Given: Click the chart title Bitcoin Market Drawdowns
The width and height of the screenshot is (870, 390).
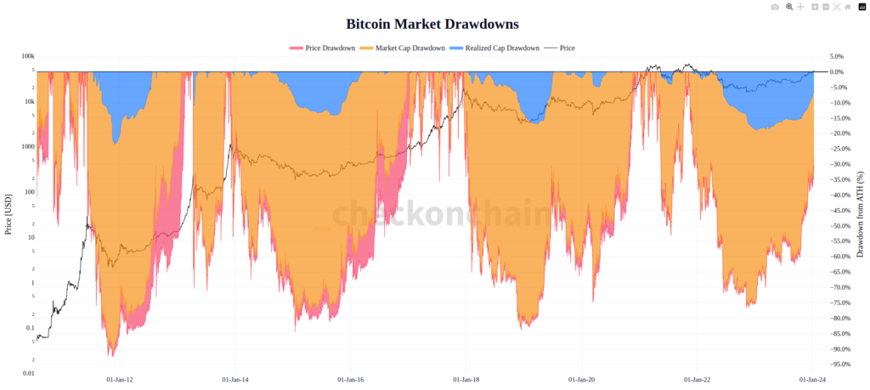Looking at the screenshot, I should click(432, 25).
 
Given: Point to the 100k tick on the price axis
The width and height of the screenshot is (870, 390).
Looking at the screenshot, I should click(28, 57).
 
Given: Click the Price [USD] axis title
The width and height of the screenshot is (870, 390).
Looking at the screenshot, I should click(8, 213).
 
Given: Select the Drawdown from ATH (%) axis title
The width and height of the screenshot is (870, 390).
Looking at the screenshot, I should click(861, 214).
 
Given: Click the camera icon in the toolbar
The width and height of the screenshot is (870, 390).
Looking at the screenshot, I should click(774, 7).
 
